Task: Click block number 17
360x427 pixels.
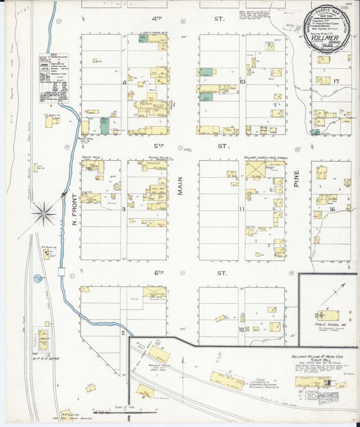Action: (x=334, y=81)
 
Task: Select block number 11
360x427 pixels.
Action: (x=241, y=210)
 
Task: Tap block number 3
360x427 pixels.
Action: (x=124, y=209)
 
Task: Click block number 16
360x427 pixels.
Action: (x=332, y=210)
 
